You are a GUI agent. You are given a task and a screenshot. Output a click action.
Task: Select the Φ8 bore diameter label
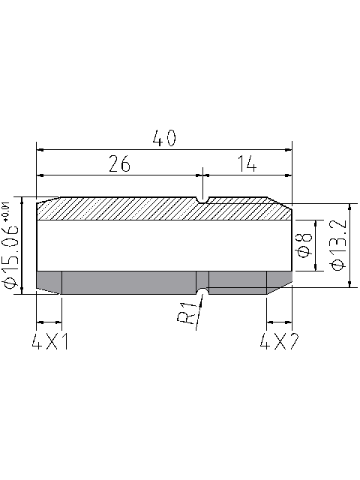(x=304, y=245)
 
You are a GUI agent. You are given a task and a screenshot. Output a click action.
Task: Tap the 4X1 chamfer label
(x=51, y=342)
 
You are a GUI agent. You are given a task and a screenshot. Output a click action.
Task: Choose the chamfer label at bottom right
(x=279, y=342)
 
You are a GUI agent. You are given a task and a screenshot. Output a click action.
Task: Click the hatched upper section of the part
(x=150, y=209)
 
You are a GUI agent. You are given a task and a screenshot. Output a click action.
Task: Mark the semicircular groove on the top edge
(x=203, y=199)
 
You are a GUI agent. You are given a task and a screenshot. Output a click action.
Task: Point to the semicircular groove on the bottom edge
(x=202, y=290)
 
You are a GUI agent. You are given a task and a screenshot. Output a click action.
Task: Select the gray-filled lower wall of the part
(x=127, y=282)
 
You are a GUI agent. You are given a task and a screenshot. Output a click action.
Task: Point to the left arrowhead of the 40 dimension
(x=41, y=148)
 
